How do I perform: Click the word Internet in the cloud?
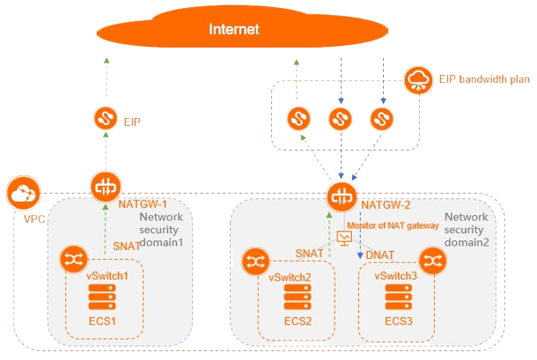(234, 30)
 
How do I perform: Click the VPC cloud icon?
(21, 191)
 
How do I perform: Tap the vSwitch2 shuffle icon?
(256, 261)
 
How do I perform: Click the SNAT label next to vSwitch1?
(125, 247)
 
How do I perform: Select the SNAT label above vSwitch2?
(309, 253)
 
